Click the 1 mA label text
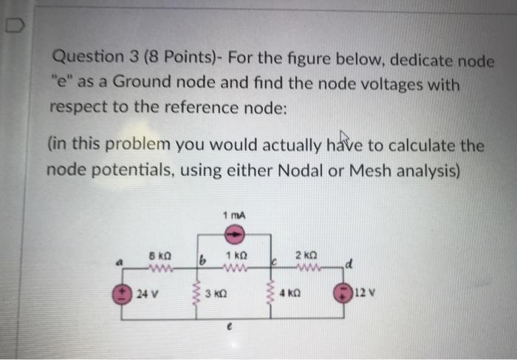233,215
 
